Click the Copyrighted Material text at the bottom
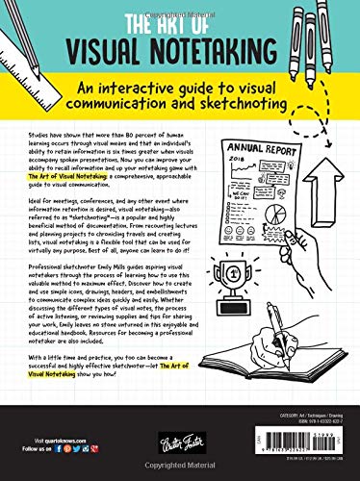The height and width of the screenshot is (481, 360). [180, 474]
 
